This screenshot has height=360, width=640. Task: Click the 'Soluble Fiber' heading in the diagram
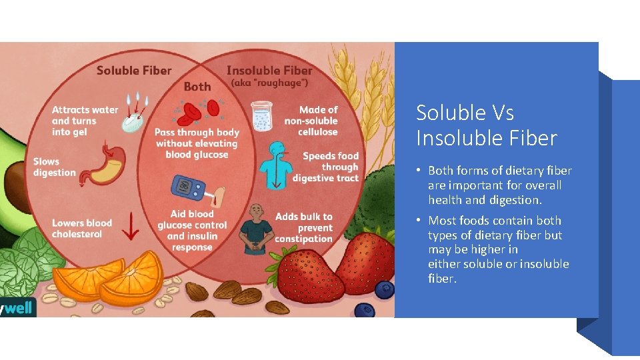click(134, 70)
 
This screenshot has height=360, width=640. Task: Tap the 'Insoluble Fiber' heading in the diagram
click(269, 70)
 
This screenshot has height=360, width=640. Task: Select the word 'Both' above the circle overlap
click(197, 87)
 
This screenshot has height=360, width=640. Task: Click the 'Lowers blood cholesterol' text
click(82, 229)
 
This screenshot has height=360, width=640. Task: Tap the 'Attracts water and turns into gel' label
click(85, 121)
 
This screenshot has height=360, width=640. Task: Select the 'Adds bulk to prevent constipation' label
click(303, 228)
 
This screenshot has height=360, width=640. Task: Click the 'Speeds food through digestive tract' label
click(326, 167)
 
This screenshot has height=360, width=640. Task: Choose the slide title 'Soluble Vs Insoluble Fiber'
click(486, 125)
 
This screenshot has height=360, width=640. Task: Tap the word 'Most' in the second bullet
click(442, 221)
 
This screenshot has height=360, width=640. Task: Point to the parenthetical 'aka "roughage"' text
click(269, 83)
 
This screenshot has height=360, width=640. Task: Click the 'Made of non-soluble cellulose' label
click(311, 121)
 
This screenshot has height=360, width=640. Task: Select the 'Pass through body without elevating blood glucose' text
click(197, 143)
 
